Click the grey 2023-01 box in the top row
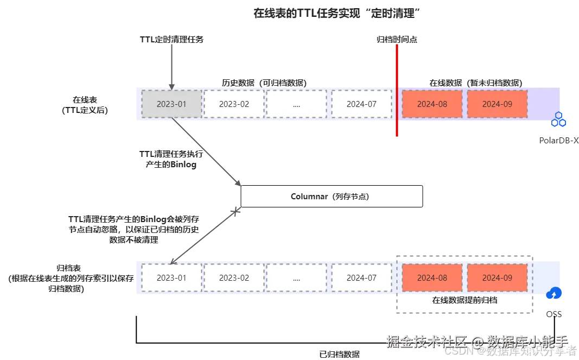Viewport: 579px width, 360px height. point(171,104)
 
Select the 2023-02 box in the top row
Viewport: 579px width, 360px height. point(234,104)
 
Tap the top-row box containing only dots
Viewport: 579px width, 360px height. point(296,104)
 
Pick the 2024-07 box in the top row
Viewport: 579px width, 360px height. point(361,104)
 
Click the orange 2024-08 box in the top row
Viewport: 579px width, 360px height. point(432,104)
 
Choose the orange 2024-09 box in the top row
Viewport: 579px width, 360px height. point(497,104)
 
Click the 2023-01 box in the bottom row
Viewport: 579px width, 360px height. point(171,277)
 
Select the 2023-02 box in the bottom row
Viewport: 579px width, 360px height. point(234,277)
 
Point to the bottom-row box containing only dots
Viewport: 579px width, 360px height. point(296,277)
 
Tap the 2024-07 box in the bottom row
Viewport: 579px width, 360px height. point(361,277)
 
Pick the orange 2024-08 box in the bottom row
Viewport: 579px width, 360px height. point(432,277)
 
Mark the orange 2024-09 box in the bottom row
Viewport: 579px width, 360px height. point(497,277)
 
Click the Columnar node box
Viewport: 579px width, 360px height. point(331,197)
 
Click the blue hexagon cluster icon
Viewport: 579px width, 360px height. point(559,121)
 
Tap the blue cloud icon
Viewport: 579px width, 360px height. point(554,294)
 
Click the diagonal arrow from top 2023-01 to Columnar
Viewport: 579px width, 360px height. point(206,150)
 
